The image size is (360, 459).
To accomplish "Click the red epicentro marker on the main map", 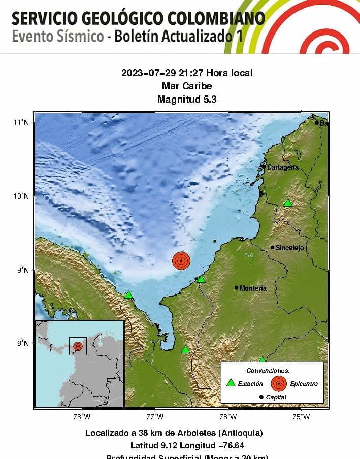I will pyautogui.click(x=181, y=260).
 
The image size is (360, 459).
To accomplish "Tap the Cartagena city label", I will pyautogui.click(x=283, y=167).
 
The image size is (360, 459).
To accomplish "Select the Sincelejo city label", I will pyautogui.click(x=290, y=248).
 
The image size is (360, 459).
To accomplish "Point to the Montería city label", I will pyautogui.click(x=253, y=288).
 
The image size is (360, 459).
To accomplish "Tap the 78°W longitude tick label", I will pyautogui.click(x=82, y=417).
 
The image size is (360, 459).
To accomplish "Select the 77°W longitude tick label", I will pyautogui.click(x=155, y=417).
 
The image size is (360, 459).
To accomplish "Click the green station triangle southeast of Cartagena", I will pyautogui.click(x=288, y=203).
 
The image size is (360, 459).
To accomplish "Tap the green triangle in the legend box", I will pyautogui.click(x=231, y=383).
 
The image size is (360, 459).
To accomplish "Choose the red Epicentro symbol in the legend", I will pyautogui.click(x=278, y=383).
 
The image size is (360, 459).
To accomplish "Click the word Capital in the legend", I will pyautogui.click(x=276, y=397).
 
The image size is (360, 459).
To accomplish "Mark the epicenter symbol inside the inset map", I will pyautogui.click(x=78, y=346).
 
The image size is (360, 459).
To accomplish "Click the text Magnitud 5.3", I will pyautogui.click(x=187, y=100).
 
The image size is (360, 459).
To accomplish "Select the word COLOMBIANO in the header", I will pyautogui.click(x=214, y=19).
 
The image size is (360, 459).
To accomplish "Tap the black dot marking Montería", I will pyautogui.click(x=237, y=288).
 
